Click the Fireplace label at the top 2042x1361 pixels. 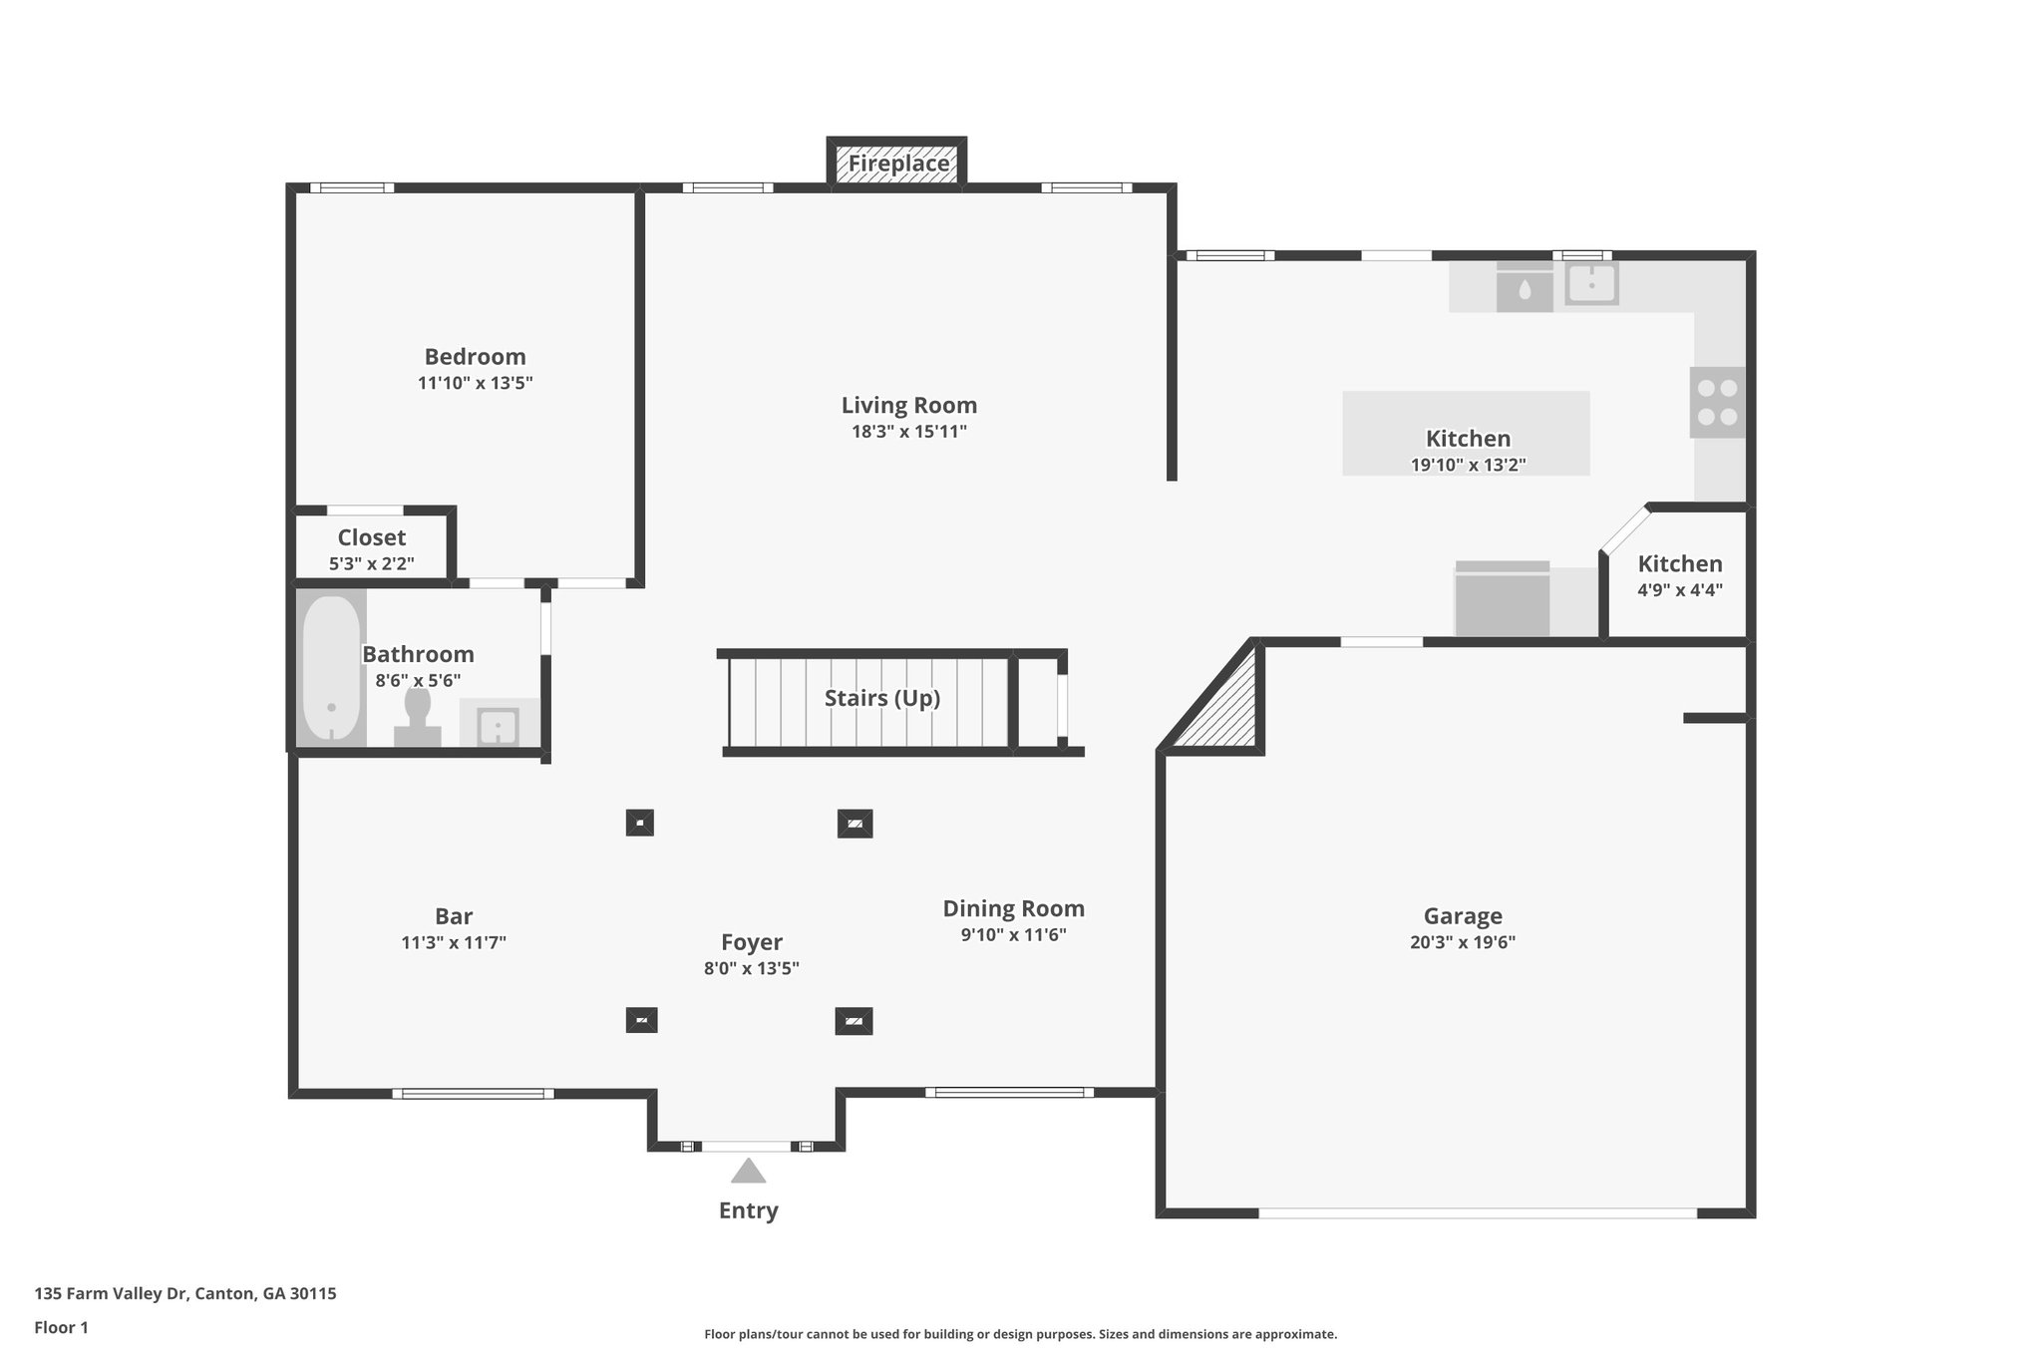point(898,164)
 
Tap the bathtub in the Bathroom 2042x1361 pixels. point(331,668)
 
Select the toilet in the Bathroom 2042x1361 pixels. point(418,717)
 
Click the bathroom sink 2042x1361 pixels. point(498,726)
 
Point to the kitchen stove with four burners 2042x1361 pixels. point(1717,402)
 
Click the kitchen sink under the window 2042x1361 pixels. point(1590,284)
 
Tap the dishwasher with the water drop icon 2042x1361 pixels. point(1525,287)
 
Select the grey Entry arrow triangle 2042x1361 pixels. point(748,1170)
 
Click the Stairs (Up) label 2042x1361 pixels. point(882,698)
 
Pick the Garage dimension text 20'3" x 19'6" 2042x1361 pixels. point(1463,942)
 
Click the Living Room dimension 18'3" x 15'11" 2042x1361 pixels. point(908,432)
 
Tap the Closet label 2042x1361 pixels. point(372,537)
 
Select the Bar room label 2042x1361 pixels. point(454,916)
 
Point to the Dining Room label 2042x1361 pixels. point(1014,908)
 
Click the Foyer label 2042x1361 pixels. point(752,942)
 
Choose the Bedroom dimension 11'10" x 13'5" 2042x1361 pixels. point(476,383)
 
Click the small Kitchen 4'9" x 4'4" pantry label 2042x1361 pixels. point(1680,575)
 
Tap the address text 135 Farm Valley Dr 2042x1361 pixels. point(111,1294)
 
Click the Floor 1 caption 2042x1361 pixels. point(62,1328)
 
